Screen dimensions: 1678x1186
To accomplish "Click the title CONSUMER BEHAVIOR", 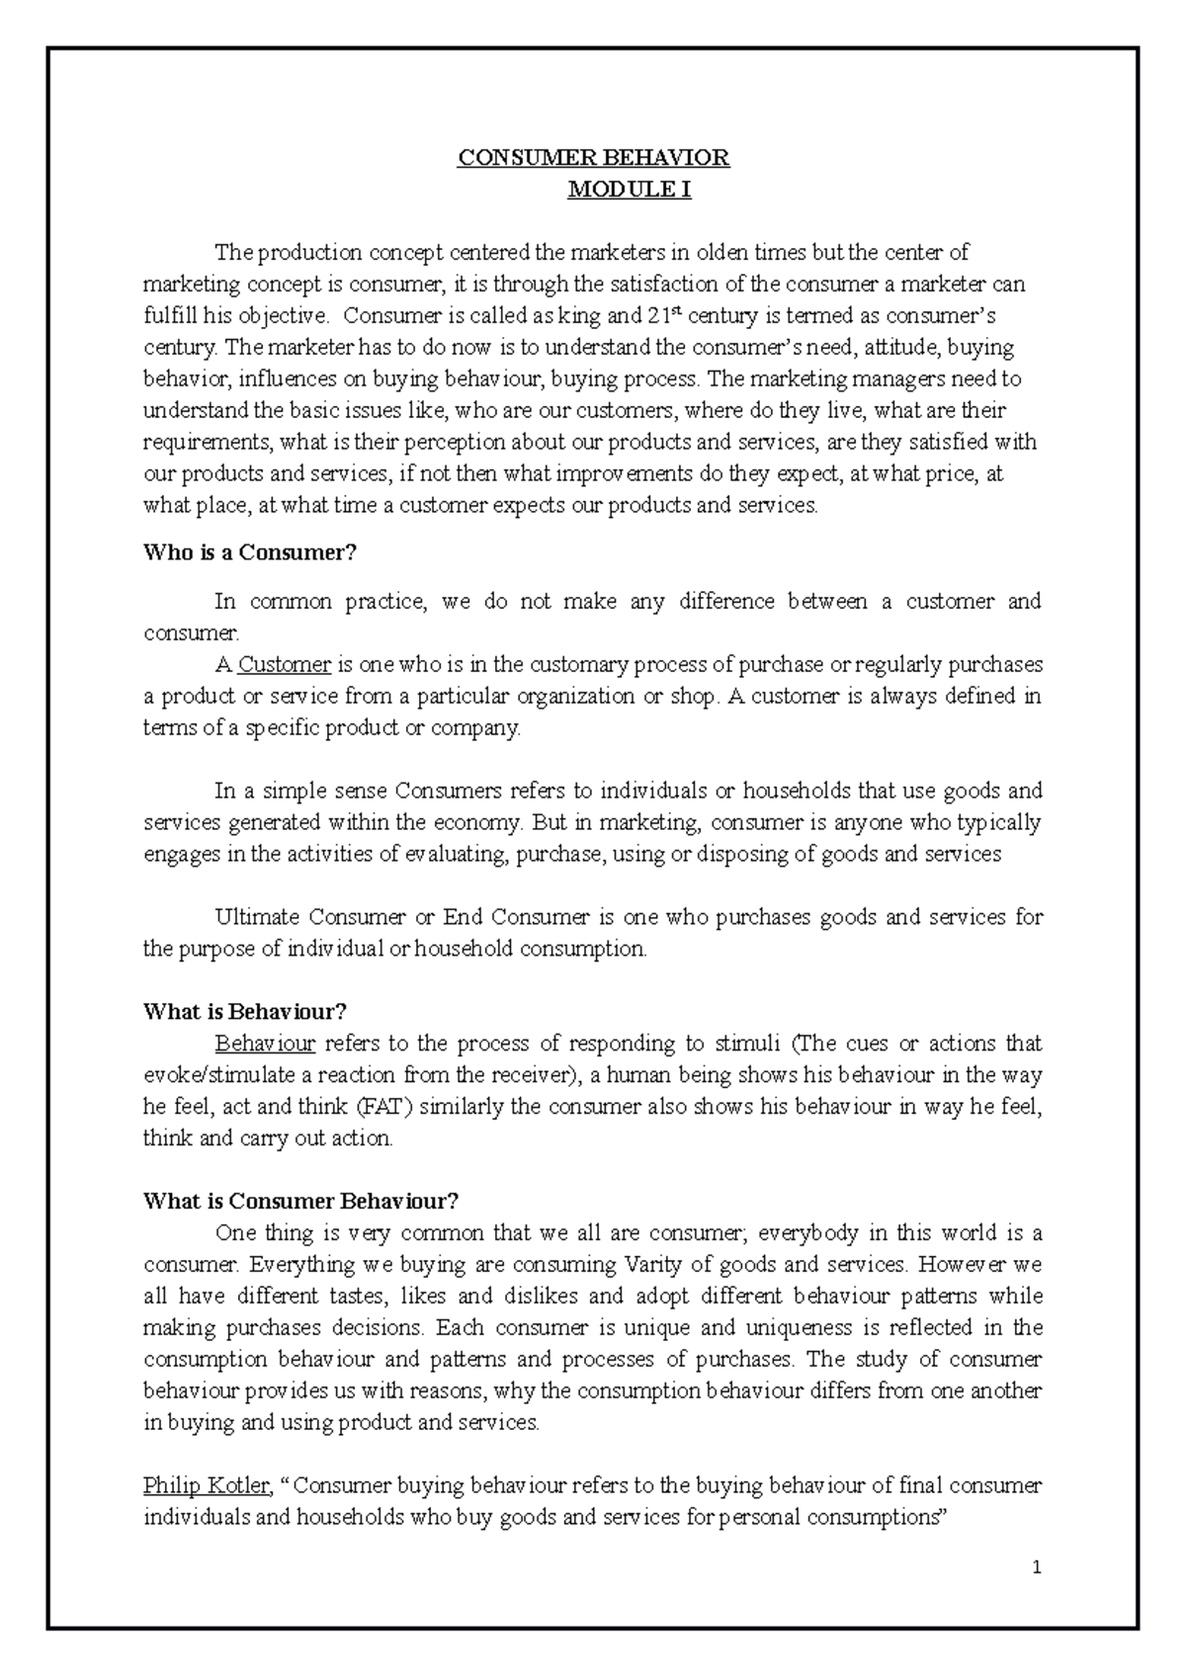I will click(593, 157).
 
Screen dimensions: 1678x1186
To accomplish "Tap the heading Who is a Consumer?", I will click(249, 552).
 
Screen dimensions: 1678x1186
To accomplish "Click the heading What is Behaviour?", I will click(245, 1011).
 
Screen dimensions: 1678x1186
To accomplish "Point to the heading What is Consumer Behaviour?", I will click(301, 1201).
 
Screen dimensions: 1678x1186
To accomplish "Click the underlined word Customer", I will click(285, 664).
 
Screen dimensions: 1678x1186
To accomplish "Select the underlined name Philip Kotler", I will click(206, 1485).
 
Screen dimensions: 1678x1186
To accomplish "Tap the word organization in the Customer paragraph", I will click(579, 696).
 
